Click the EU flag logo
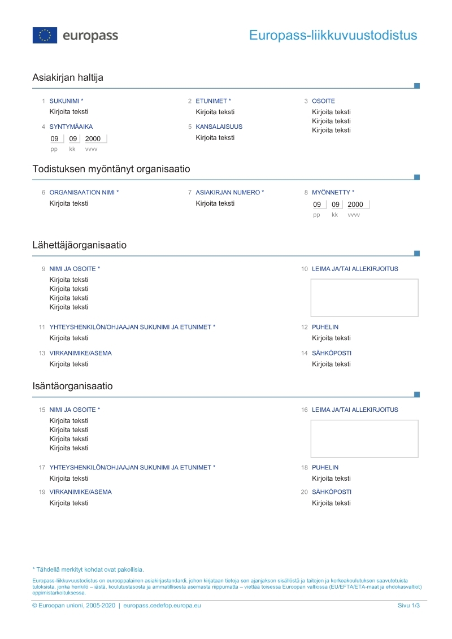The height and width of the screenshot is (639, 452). point(45,35)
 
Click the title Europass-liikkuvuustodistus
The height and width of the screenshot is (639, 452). point(333,36)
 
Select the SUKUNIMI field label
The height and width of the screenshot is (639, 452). point(66,101)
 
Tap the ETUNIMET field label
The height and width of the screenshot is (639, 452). point(213,101)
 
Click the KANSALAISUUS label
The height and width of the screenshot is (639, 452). point(219,127)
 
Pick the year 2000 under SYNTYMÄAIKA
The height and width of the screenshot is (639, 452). point(93,138)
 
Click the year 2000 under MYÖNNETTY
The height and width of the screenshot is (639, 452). point(355,205)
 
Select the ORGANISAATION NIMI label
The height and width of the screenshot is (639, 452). point(84,192)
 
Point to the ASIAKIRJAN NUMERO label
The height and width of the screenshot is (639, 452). point(229,192)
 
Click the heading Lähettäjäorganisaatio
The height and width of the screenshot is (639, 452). point(79,245)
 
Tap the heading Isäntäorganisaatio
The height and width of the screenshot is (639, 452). point(72,386)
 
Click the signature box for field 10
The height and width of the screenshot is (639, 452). point(364,298)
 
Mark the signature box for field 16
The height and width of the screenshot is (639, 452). point(364,438)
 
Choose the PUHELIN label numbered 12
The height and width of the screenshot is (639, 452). point(325,327)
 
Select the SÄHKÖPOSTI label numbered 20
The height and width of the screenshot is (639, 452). point(331,492)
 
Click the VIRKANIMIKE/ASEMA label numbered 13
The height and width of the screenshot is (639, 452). point(80,353)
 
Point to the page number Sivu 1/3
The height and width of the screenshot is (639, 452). point(409,606)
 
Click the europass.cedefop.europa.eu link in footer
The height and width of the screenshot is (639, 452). point(162,606)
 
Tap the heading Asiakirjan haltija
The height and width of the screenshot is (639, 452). point(68,77)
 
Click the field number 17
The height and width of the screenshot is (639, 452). point(42,467)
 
